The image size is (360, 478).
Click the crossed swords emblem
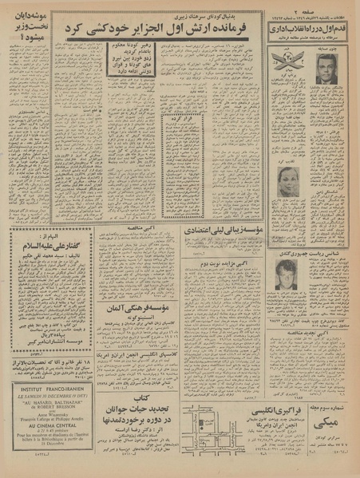(287, 61)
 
